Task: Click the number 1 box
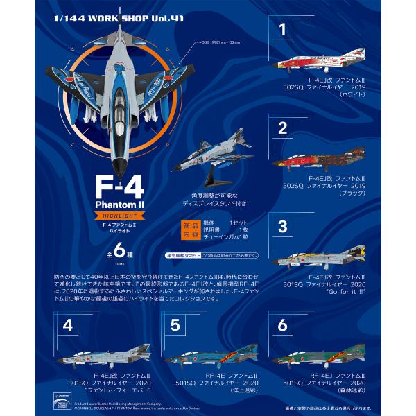point(282,29)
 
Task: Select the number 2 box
point(282,128)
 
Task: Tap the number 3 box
point(282,226)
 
